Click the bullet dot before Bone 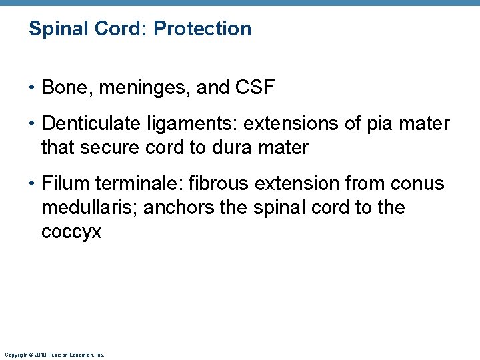pos(31,88)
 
